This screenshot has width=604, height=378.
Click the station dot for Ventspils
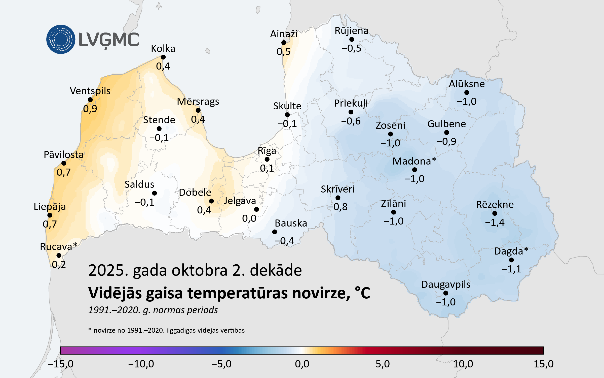click(x=90, y=100)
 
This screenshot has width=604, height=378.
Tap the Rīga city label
click(x=267, y=151)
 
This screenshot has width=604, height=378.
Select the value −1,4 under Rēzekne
click(x=495, y=222)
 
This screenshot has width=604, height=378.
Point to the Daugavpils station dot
click(x=446, y=293)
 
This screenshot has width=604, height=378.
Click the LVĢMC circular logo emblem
click(x=61, y=39)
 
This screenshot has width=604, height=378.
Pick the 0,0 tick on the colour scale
click(x=302, y=364)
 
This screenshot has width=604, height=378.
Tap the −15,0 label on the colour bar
click(x=60, y=364)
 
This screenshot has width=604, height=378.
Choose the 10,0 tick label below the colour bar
click(x=463, y=364)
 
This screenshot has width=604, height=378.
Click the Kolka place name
click(x=163, y=49)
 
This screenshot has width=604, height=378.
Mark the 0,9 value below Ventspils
click(x=90, y=109)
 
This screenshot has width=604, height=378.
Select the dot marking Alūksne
click(x=467, y=92)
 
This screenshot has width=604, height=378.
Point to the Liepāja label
click(x=50, y=207)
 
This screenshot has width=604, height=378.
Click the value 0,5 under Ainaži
click(x=283, y=52)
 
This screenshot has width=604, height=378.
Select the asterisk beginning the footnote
click(x=90, y=330)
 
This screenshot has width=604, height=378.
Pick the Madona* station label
click(x=414, y=161)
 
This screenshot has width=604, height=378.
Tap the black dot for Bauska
click(x=275, y=232)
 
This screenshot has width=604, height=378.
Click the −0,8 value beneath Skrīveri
click(x=338, y=207)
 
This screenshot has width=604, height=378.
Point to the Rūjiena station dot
click(x=352, y=39)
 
